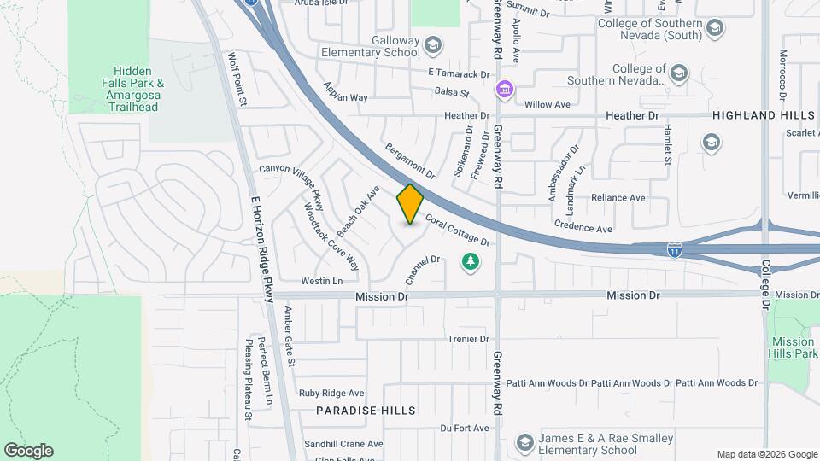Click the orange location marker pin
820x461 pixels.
tap(411, 204)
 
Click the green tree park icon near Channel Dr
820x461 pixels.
tap(469, 261)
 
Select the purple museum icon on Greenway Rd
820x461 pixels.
tap(505, 88)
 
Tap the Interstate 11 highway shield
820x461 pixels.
tap(675, 249)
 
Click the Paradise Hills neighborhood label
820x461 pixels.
tap(366, 411)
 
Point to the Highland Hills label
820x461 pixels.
tap(763, 115)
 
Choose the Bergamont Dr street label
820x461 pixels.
tap(410, 160)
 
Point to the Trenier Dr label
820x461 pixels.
tap(466, 339)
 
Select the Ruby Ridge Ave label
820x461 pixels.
tap(331, 394)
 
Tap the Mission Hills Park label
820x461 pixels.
tap(792, 347)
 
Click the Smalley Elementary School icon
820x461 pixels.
tap(524, 443)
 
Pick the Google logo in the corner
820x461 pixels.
tap(28, 451)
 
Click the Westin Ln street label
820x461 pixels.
tap(321, 281)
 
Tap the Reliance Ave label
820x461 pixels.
tap(618, 198)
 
